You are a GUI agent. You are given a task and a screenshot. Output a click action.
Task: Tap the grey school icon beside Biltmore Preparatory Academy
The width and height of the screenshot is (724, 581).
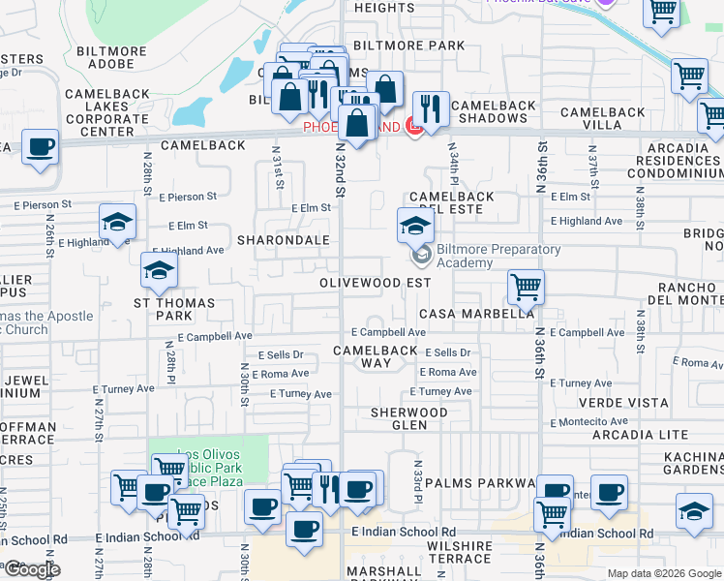[x=421, y=256]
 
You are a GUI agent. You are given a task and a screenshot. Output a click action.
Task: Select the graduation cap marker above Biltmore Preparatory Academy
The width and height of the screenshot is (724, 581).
[x=415, y=227]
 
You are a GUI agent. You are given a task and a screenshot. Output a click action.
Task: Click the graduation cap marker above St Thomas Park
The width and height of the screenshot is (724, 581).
[x=159, y=270]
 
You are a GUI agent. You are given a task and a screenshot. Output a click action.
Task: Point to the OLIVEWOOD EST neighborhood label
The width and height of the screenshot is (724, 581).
[x=376, y=283]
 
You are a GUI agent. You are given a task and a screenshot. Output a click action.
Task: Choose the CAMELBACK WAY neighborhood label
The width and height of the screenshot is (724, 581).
[x=376, y=356]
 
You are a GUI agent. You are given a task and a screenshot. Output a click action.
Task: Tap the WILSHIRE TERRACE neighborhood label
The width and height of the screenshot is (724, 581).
[x=459, y=553]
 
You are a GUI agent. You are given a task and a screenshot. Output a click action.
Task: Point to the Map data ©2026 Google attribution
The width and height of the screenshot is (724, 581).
[x=663, y=573]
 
